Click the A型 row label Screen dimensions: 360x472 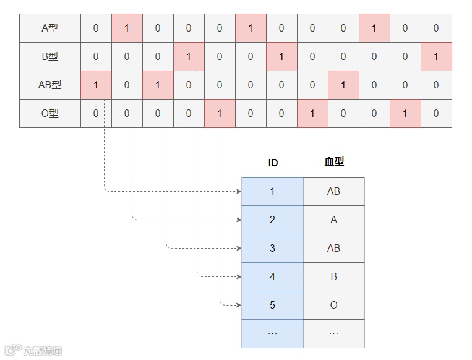click(x=49, y=28)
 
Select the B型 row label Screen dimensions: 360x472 click(x=49, y=57)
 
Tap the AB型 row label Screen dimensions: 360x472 click(x=49, y=85)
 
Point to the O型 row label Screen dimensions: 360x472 click(x=49, y=114)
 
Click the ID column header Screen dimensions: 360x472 click(x=273, y=163)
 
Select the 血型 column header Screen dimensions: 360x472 click(x=334, y=162)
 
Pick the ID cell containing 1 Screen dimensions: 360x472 click(x=273, y=192)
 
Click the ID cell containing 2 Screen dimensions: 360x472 click(x=273, y=220)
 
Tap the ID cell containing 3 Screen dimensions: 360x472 click(x=273, y=249)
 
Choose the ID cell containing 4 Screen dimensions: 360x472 click(x=273, y=277)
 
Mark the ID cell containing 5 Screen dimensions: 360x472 click(x=273, y=306)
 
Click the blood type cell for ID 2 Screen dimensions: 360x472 click(x=334, y=220)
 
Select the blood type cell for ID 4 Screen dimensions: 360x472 click(x=334, y=277)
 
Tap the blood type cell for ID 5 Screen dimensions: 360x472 click(x=334, y=306)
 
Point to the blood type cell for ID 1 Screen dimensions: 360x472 click(x=334, y=192)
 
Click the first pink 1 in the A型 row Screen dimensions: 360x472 click(x=127, y=28)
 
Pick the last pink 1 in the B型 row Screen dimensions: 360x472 click(x=436, y=57)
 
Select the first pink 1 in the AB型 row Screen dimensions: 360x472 click(x=96, y=85)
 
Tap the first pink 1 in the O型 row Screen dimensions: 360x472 click(x=220, y=114)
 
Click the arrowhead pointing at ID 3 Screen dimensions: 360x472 click(x=239, y=249)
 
